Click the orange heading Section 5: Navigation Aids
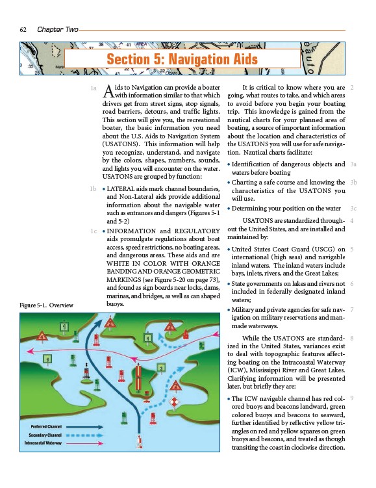182,59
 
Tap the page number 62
23,30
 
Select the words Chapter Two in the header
58,29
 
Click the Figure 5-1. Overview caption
46,305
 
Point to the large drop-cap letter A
108,91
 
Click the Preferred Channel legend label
46,427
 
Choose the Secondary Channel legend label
45,435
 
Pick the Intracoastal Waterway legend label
43,443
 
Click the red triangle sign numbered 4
42,336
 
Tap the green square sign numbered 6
47,359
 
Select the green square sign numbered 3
161,368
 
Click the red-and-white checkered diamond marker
175,402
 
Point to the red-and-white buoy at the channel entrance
140,442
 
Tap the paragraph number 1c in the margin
94,231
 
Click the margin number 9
352,398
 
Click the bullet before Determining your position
229,209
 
